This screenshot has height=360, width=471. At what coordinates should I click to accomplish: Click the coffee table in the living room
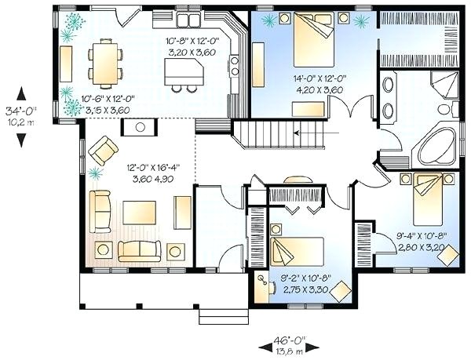click(138, 213)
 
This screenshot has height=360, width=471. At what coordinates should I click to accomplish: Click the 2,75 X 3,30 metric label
click(305, 289)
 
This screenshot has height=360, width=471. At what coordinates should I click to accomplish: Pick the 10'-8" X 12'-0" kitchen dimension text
click(192, 40)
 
